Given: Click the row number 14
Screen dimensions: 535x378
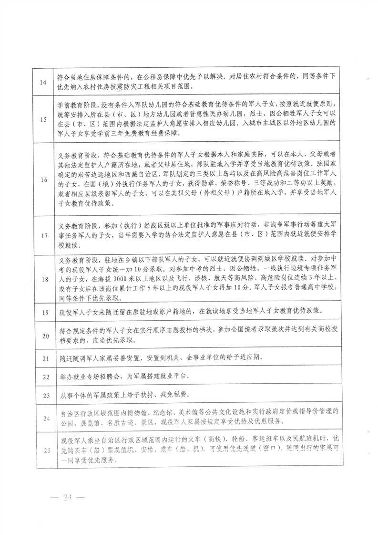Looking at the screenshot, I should click(x=45, y=82).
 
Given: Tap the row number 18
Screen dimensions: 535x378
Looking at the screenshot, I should click(x=45, y=280).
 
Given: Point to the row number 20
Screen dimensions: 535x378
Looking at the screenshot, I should click(x=45, y=336).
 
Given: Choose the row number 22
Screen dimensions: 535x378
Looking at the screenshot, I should click(x=45, y=377).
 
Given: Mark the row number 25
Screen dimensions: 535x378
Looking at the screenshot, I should click(x=45, y=450).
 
